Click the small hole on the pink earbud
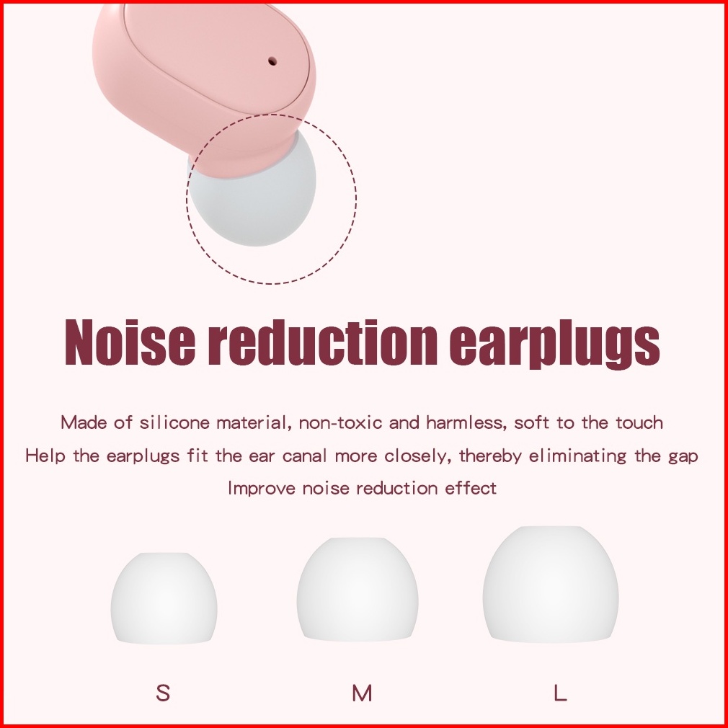(x=272, y=61)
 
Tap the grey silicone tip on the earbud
(x=254, y=200)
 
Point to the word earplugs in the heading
(x=554, y=345)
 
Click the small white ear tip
(x=164, y=598)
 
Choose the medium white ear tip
(x=358, y=590)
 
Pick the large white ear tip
(x=551, y=584)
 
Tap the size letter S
(x=163, y=693)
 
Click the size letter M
(x=362, y=693)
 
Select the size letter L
(x=560, y=693)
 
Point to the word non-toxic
(x=341, y=423)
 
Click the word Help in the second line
(x=45, y=456)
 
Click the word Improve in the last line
(x=262, y=489)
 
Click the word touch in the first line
(x=639, y=422)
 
